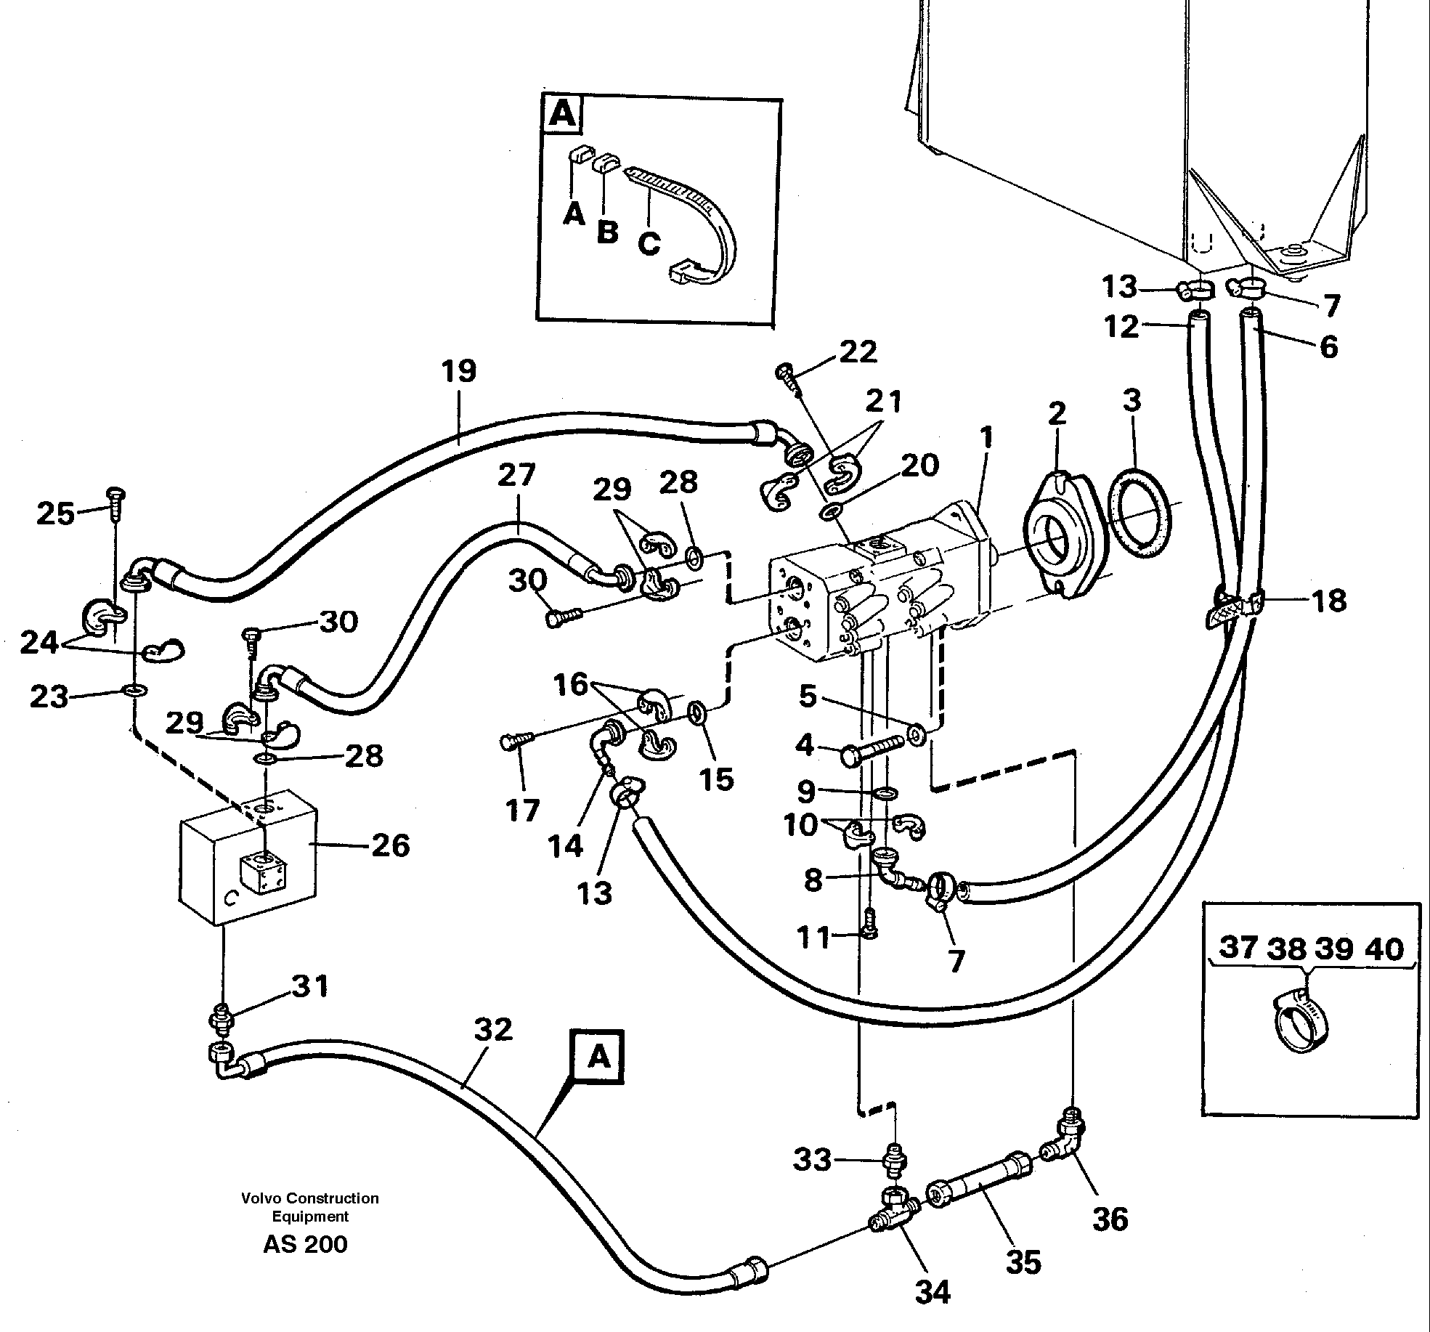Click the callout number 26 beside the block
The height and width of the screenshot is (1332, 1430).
pos(391,845)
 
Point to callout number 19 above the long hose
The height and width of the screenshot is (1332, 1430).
pos(459,371)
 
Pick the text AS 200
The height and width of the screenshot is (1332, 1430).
pos(305,1243)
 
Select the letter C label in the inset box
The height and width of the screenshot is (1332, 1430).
pos(649,242)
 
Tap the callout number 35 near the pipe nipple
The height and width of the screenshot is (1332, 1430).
pos(1023,1262)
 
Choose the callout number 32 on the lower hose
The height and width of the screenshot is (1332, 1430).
pos(493,1030)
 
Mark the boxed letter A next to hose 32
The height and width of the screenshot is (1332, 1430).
pos(598,1057)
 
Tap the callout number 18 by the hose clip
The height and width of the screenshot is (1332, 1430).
pos(1329,601)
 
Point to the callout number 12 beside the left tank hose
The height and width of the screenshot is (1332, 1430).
pos(1121,327)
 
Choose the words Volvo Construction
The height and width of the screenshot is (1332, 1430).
pos(310,1198)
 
